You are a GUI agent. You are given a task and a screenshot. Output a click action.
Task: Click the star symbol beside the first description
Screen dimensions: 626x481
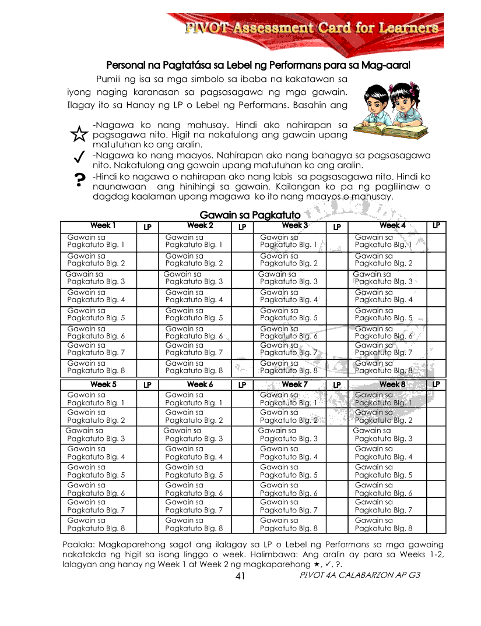(78, 135)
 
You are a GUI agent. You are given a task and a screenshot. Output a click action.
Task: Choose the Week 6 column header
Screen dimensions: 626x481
(199, 385)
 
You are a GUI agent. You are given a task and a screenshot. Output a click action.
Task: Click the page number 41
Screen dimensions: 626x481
(240, 576)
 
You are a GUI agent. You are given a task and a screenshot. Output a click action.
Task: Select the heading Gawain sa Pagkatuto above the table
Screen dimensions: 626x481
(250, 215)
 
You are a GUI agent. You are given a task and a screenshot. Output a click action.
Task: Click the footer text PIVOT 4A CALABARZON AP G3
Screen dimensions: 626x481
(359, 575)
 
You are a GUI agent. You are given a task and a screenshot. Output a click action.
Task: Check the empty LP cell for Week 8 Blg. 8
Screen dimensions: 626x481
(436, 525)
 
